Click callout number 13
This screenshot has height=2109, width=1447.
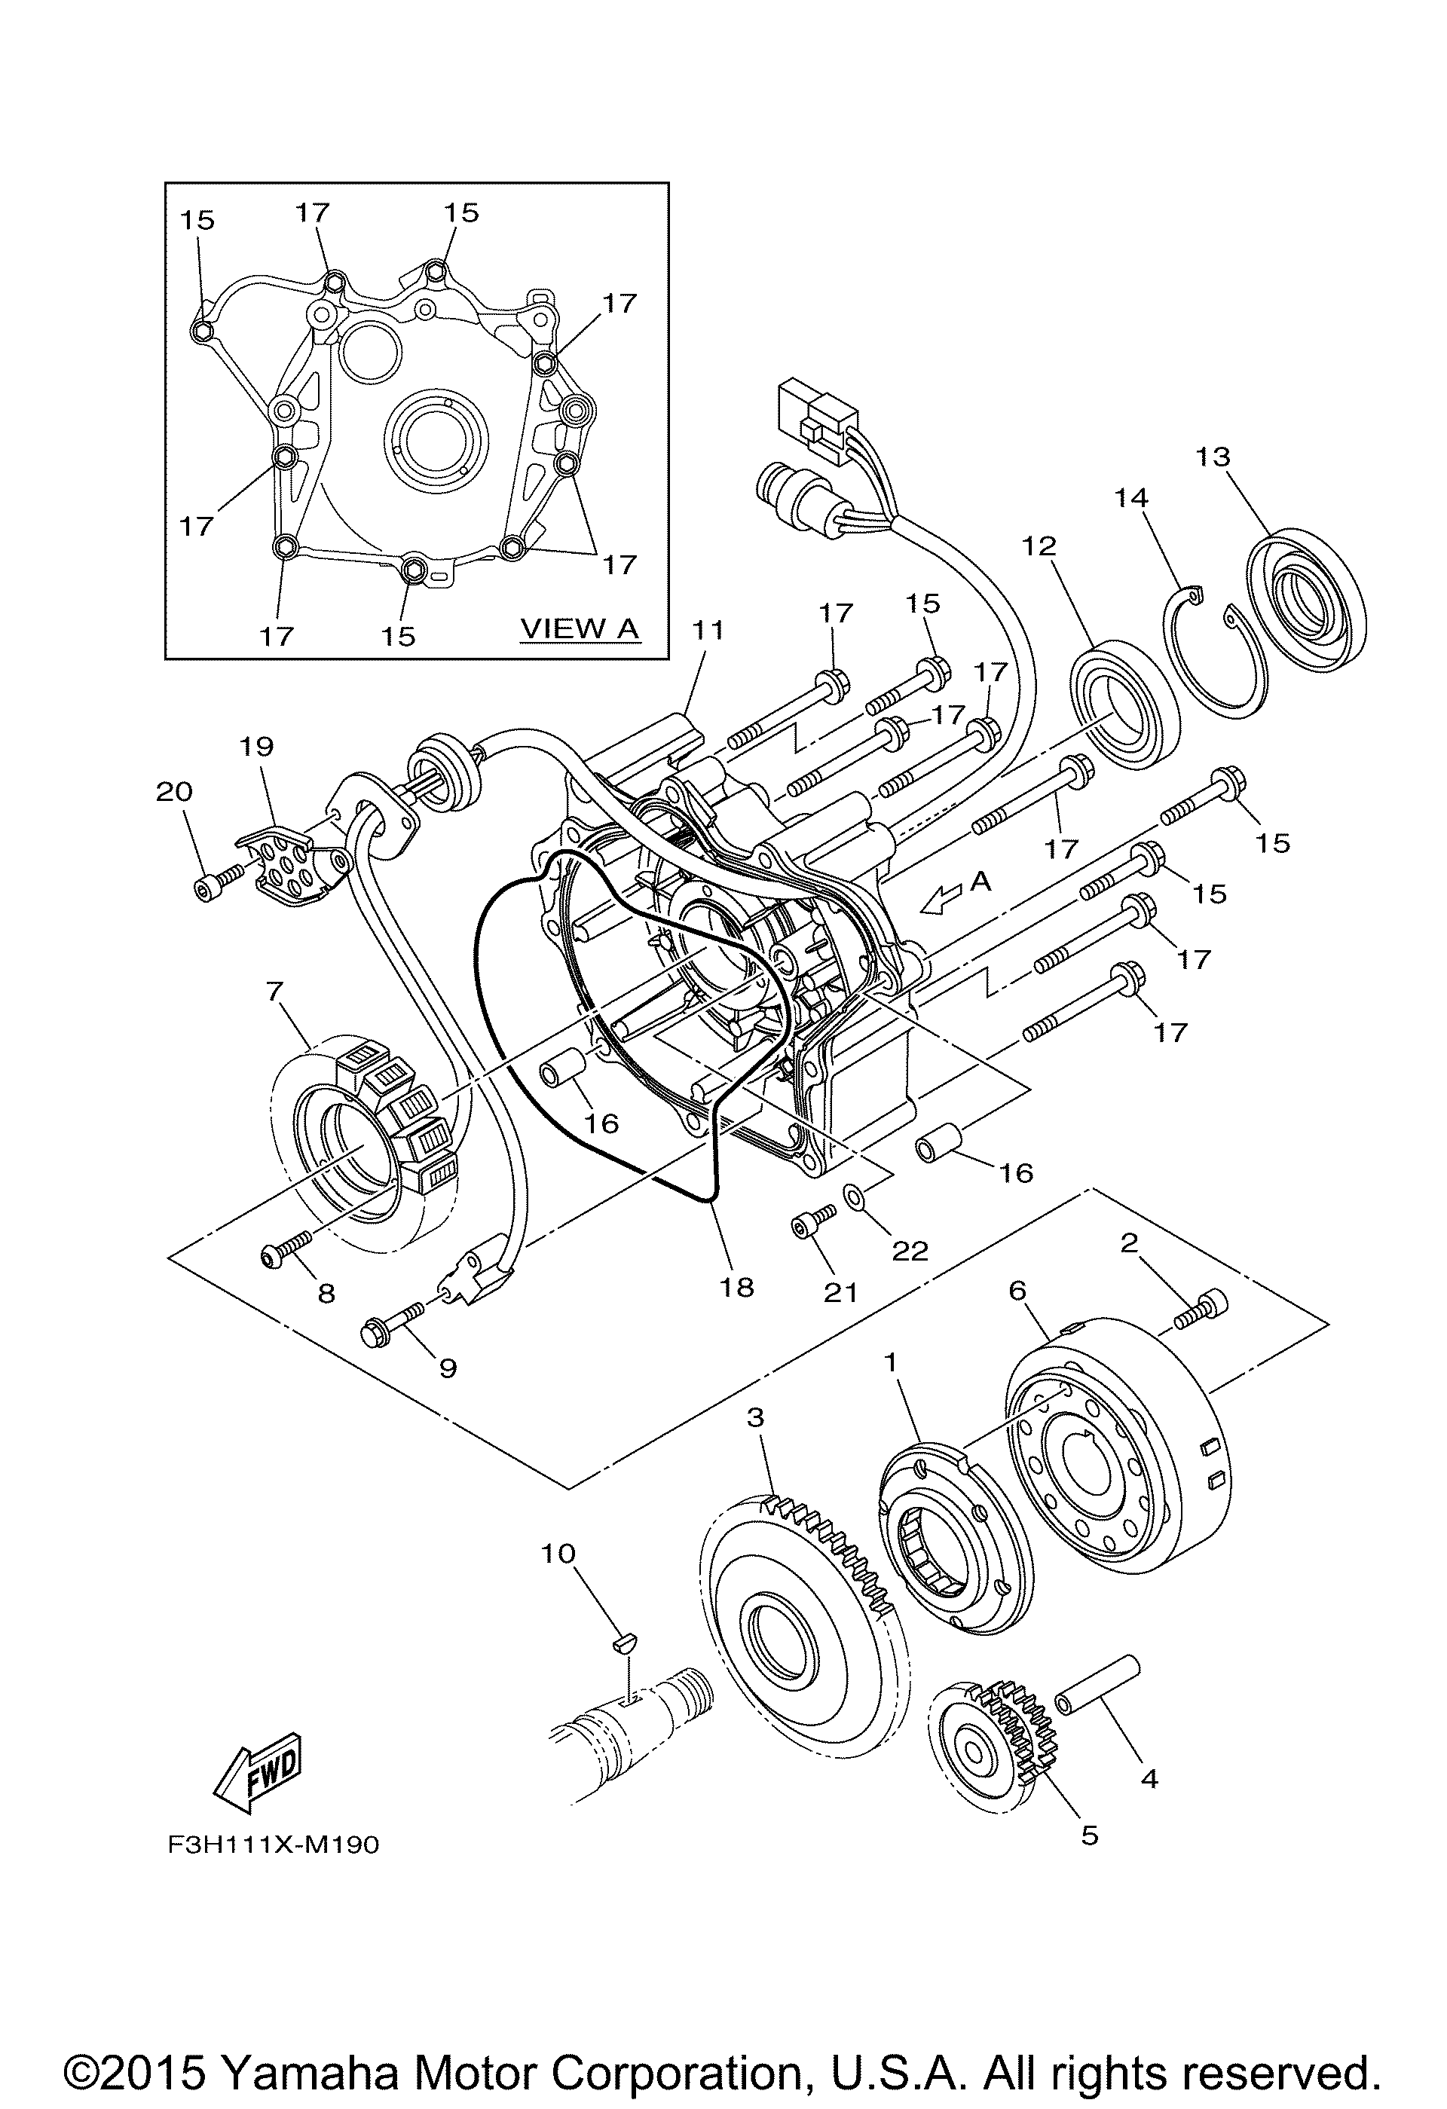1213,457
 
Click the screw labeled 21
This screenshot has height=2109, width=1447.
813,1222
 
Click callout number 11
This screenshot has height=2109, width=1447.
708,630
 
